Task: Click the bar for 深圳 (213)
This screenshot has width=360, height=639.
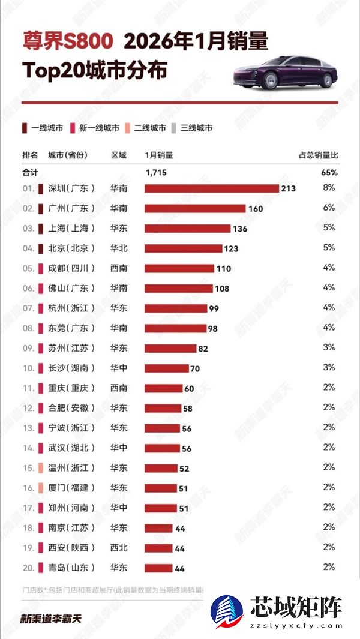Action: [212, 188]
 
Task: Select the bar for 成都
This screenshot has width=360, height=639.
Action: [179, 268]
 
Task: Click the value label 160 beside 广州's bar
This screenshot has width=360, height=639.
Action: [255, 209]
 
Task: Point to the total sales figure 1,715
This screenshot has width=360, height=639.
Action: [155, 172]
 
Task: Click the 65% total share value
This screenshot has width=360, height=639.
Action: [330, 172]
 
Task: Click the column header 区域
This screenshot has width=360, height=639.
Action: [119, 155]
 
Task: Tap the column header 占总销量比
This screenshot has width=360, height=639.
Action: [319, 155]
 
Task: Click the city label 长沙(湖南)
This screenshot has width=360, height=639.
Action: [71, 368]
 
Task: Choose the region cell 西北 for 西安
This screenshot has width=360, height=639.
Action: [119, 547]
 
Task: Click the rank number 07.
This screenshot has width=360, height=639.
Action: [28, 308]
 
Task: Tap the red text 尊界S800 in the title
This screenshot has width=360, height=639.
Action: [68, 41]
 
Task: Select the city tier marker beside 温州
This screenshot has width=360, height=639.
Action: [40, 467]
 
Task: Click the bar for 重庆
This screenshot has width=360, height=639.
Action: [163, 388]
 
